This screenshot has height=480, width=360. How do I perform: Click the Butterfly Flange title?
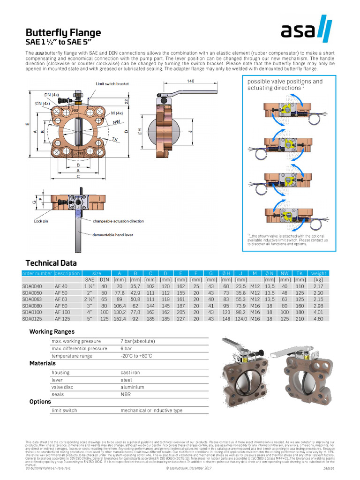tap(63, 33)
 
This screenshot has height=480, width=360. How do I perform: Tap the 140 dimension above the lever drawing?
tap(190, 81)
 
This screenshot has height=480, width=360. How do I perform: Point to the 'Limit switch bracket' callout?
tap(112, 83)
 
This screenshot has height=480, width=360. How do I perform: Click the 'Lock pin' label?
tap(41, 220)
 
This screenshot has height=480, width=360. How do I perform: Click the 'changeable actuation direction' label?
tap(118, 221)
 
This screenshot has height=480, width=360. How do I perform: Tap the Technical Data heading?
tap(51, 263)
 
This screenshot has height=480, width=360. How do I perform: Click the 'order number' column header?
tap(37, 273)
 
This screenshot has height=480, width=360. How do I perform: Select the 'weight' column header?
tap(318, 273)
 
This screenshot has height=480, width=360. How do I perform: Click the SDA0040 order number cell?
tap(32, 286)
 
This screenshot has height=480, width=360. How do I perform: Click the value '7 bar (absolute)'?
tap(137, 341)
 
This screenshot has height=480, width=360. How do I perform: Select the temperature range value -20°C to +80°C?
tap(136, 356)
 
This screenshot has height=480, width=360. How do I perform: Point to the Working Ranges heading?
tap(52, 331)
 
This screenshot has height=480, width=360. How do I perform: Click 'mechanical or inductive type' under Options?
tap(151, 410)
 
